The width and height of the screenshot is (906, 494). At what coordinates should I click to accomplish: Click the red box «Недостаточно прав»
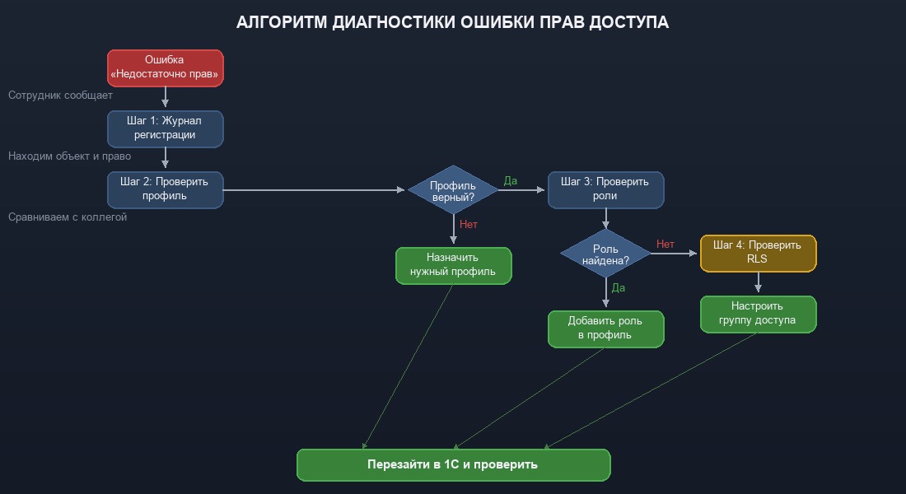[165, 68]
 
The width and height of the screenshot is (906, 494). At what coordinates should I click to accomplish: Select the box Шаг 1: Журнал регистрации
[165, 128]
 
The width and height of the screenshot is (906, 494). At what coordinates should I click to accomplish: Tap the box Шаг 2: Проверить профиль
[165, 189]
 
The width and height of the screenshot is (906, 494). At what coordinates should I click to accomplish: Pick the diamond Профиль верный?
[453, 190]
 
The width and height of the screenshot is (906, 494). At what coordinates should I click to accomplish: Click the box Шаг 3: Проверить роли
[605, 189]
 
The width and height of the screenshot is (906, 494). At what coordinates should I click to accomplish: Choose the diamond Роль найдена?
[605, 254]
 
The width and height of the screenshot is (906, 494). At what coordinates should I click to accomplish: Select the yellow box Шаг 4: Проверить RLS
[758, 253]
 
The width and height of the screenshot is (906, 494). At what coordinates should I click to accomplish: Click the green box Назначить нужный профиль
[453, 265]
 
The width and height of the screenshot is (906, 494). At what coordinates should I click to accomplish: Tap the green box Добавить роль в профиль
[605, 329]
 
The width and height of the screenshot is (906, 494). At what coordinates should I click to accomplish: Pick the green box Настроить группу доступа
[758, 314]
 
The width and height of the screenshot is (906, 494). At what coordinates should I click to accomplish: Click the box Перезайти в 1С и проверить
[453, 464]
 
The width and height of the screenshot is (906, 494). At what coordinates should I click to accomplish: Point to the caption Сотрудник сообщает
[60, 96]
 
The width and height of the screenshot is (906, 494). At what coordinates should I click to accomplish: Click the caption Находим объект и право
[69, 156]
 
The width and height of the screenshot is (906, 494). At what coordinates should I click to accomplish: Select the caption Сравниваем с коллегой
[68, 217]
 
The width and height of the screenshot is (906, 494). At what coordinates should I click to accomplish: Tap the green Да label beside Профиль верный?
[511, 181]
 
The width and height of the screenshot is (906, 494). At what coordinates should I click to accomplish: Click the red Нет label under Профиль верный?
[469, 224]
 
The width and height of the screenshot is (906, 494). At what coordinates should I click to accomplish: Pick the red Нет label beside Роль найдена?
[665, 245]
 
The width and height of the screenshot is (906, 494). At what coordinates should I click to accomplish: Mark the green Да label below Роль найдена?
[619, 288]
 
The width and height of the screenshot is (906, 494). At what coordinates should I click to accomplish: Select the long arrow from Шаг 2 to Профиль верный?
[313, 189]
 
